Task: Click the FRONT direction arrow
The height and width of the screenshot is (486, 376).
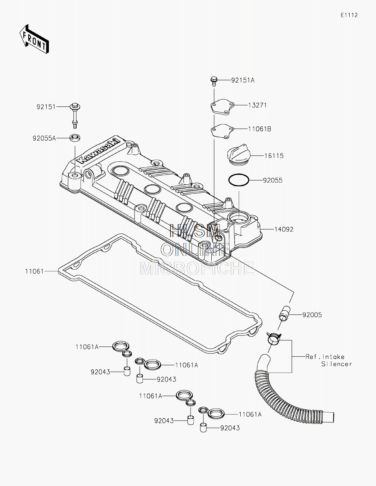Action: click(x=34, y=39)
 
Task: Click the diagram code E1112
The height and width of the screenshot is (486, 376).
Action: click(x=349, y=15)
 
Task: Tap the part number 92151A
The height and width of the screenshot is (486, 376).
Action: click(x=243, y=80)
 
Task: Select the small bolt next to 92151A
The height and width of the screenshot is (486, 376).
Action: click(x=214, y=81)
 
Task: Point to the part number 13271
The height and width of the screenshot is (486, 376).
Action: click(x=258, y=105)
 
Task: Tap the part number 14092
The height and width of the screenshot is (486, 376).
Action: click(x=284, y=229)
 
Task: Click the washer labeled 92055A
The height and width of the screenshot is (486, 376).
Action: click(x=75, y=138)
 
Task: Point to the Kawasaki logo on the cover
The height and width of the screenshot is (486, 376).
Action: click(x=99, y=151)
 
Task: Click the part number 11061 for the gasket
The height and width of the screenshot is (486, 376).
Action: click(x=35, y=271)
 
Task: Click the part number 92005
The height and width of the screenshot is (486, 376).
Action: click(x=312, y=315)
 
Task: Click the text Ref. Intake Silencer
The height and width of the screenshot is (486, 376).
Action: click(x=329, y=360)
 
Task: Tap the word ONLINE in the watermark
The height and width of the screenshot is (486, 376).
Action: click(x=196, y=249)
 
